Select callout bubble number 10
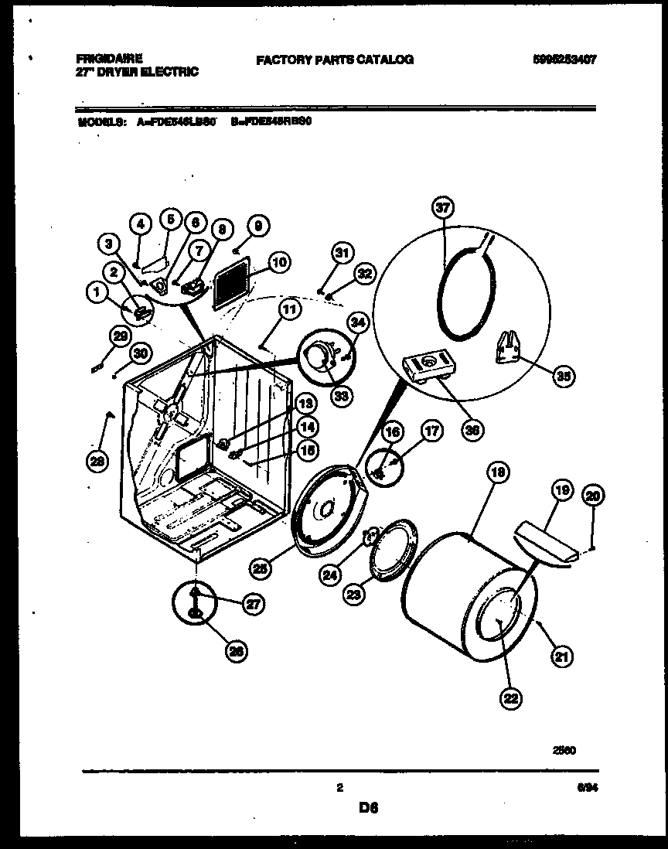click(280, 263)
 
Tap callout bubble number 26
click(236, 652)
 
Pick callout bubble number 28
click(97, 462)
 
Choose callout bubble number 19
click(561, 489)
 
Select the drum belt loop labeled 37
click(464, 294)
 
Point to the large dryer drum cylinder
click(464, 611)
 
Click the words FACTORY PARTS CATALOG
click(335, 59)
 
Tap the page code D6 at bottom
click(368, 809)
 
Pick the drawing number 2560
click(565, 749)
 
